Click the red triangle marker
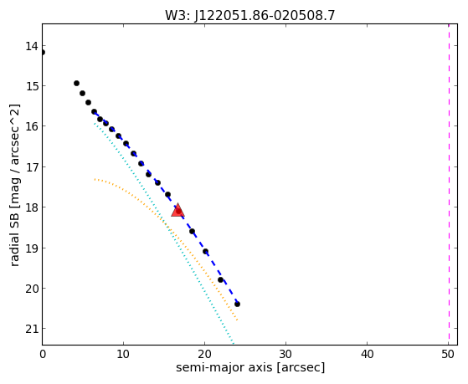[x=177, y=210]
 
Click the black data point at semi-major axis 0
[x=43, y=53]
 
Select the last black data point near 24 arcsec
[x=237, y=304]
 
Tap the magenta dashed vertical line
[x=449, y=184]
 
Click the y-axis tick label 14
[x=31, y=46]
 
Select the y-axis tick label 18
[x=31, y=207]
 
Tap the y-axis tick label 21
[x=31, y=329]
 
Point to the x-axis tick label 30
[x=286, y=354]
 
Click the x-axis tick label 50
[x=448, y=354]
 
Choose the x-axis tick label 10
[x=123, y=354]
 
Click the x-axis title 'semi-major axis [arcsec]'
[x=250, y=367]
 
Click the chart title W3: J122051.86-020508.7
[x=250, y=16]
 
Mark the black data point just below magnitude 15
[x=77, y=84]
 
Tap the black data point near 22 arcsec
[x=220, y=280]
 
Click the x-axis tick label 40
[x=368, y=354]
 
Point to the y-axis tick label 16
[x=31, y=126]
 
